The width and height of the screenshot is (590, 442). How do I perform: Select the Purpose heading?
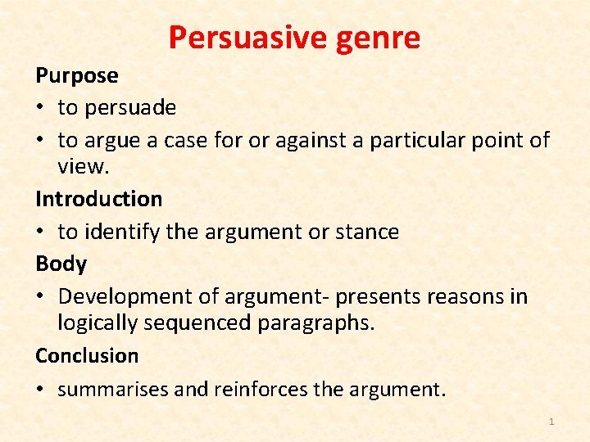pyautogui.click(x=77, y=75)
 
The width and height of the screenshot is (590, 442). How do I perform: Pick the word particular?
pyautogui.click(x=417, y=140)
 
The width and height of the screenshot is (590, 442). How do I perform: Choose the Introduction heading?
pyautogui.click(x=98, y=199)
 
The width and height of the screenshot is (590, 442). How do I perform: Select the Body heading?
pyautogui.click(x=61, y=264)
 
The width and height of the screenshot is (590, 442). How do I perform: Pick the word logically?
pyautogui.click(x=98, y=322)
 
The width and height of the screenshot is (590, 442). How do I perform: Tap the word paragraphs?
pyautogui.click(x=315, y=322)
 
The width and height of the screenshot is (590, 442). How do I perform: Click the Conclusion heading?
pyautogui.click(x=87, y=356)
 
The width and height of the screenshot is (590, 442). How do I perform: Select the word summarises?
pyautogui.click(x=113, y=389)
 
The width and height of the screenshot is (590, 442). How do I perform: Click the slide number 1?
pyautogui.click(x=551, y=422)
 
